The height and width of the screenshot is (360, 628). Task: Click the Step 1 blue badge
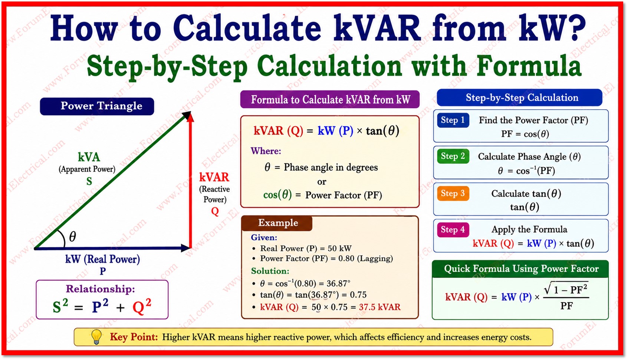pos(453,120)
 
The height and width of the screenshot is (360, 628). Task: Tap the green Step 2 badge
pos(453,156)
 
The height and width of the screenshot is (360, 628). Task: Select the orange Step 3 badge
pos(453,193)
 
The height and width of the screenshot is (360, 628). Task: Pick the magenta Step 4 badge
pos(453,230)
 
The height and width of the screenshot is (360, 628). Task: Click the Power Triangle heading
pos(97,106)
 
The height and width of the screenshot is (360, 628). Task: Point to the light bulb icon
pos(96,337)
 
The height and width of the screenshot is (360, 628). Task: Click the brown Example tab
pos(277,223)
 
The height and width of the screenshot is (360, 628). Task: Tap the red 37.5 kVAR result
pos(379,307)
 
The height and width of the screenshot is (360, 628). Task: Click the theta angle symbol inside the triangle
pos(72,237)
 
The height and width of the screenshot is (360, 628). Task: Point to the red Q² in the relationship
pos(142,306)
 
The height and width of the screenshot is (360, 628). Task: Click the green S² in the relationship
pos(60,306)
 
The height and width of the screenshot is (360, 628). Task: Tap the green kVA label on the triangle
pos(89,157)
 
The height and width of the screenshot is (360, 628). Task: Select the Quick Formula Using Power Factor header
pos(521,269)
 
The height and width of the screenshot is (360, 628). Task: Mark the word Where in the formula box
pos(266,151)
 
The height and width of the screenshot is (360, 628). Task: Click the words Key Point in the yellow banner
pos(134,337)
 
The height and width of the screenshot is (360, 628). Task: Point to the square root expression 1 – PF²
pos(566,289)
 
